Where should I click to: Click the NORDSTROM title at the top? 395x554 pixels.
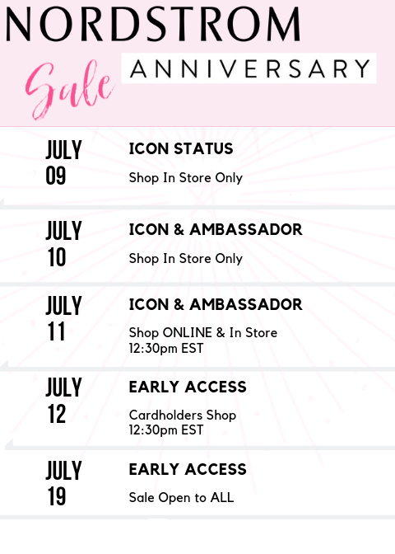pos(153,24)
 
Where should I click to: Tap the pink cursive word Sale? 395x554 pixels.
pos(70,90)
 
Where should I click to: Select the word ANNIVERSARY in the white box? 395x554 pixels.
pos(250,68)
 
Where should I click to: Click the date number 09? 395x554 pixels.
pos(56,176)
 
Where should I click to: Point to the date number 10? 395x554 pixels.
pos(57,257)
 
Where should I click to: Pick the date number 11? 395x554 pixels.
pos(56,331)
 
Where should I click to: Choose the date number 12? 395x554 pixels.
pos(57,414)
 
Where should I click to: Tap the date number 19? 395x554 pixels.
pos(57,496)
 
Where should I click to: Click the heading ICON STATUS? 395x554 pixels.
pos(181,148)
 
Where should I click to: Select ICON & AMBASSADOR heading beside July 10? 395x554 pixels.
pos(216,229)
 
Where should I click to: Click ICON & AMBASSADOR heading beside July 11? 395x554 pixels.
pos(216,304)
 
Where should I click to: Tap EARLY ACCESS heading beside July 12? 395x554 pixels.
pos(188,387)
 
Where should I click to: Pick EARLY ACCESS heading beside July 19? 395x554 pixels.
pos(188,469)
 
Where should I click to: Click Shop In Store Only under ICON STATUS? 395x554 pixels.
pos(186,178)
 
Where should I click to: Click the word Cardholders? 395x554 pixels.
pos(165,415)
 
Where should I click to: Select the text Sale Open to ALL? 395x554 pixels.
pos(181,497)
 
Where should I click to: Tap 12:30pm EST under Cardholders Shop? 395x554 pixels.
pos(166,430)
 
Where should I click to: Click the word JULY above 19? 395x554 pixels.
pos(63,470)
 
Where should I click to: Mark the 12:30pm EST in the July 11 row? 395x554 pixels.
pos(166,349)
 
